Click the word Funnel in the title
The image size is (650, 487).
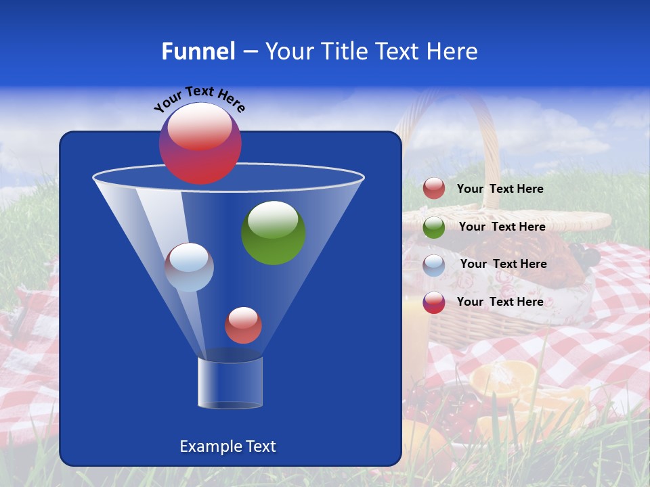198,51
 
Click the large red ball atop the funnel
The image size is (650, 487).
200,143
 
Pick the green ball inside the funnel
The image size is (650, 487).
274,233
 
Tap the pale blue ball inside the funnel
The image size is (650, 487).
189,267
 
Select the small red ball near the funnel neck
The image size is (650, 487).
243,325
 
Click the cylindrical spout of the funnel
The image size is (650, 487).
230,383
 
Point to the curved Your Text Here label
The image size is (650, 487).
199,99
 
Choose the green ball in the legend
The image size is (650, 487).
434,227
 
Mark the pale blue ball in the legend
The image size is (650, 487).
434,265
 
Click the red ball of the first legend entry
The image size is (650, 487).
434,189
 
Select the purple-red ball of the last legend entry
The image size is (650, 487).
434,302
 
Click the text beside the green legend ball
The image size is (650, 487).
502,227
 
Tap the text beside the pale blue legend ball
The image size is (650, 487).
503,264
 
